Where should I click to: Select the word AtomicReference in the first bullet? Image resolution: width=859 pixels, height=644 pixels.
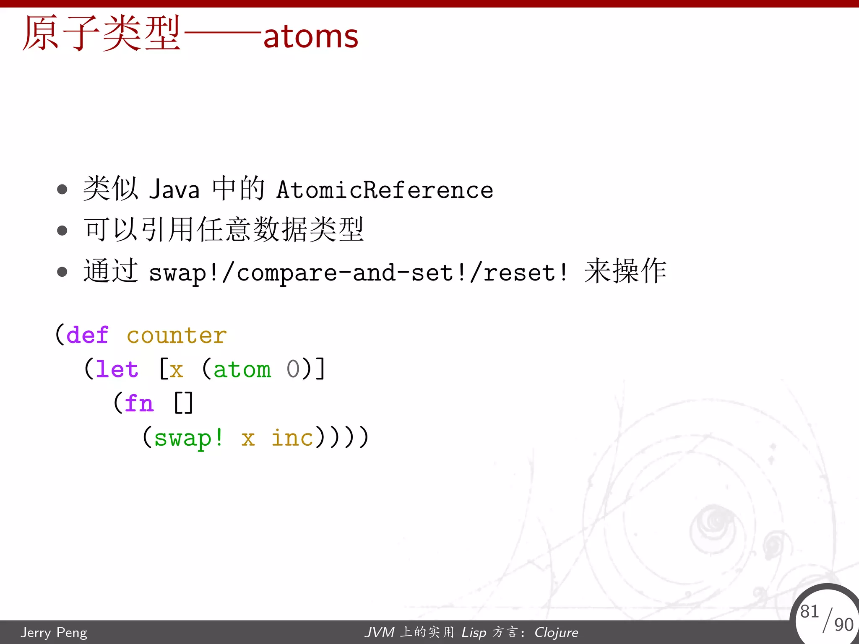pos(385,190)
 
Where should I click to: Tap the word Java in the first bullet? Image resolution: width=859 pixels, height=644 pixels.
pos(174,190)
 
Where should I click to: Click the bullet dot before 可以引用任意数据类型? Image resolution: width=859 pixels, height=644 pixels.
pos(62,230)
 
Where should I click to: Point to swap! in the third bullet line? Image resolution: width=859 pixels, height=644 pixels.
pos(183,273)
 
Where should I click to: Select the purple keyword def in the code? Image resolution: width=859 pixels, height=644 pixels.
pos(87,335)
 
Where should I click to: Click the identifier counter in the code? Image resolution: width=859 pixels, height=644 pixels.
pos(177,336)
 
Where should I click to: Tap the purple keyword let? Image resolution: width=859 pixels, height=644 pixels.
pos(117,369)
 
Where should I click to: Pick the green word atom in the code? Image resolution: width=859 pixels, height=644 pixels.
pos(242,369)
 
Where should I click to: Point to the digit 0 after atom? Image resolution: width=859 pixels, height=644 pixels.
pos(293,369)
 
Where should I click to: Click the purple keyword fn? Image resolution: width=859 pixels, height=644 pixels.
pos(139,403)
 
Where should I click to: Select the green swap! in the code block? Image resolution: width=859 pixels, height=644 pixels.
pos(189,438)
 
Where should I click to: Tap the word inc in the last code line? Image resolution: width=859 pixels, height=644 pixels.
pos(292,438)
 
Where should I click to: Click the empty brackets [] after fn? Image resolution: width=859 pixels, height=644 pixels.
pos(183,403)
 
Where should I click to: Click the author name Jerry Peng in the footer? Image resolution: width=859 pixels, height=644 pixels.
pos(54,632)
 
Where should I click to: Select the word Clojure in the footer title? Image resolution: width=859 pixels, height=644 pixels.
pos(556,632)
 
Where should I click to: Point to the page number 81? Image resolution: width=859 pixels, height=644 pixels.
pos(809,611)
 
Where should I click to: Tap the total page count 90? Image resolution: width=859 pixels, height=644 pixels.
pos(843,625)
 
